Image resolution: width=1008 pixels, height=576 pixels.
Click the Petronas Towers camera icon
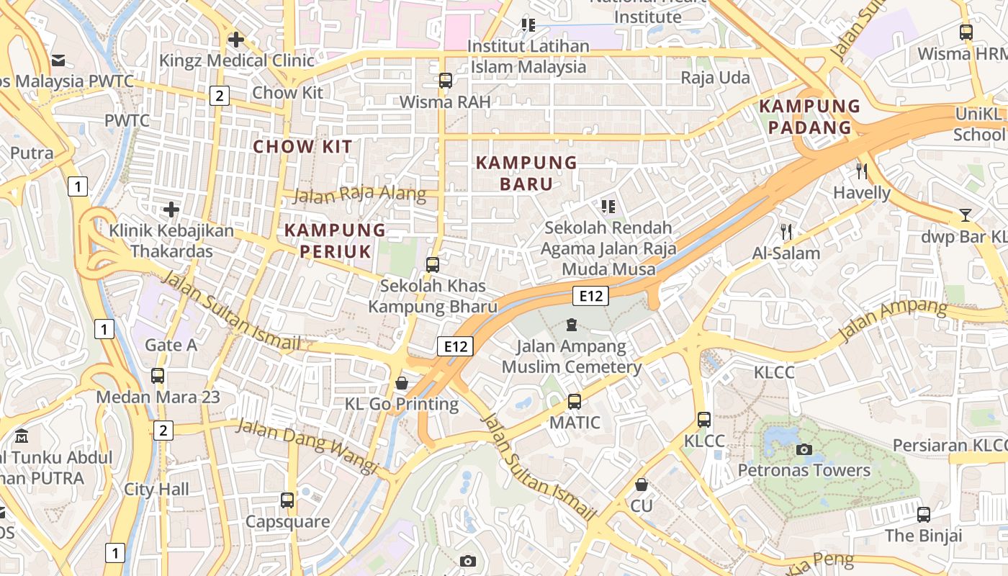pyautogui.click(x=804, y=450)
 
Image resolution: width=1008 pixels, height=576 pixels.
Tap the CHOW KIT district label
pyautogui.click(x=302, y=147)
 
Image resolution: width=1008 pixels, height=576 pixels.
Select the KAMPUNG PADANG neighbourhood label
pyautogui.click(x=810, y=117)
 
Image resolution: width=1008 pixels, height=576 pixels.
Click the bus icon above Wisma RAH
pyautogui.click(x=446, y=81)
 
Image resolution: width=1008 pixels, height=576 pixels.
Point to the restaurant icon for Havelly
pyautogui.click(x=862, y=171)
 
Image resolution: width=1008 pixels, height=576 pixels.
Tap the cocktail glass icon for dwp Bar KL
pyautogui.click(x=965, y=215)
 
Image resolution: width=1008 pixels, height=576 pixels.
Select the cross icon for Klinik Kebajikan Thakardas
pyautogui.click(x=171, y=210)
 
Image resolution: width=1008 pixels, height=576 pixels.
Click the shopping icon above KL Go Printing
pyautogui.click(x=402, y=383)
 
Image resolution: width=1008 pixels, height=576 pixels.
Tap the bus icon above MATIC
pyautogui.click(x=574, y=402)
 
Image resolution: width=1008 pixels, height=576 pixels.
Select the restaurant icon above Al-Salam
pyautogui.click(x=786, y=232)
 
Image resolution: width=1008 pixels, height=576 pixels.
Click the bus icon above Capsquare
pyautogui.click(x=287, y=500)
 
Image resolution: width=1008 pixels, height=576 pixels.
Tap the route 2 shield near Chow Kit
pyautogui.click(x=220, y=96)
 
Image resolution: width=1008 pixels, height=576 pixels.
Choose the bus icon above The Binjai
pyautogui.click(x=924, y=515)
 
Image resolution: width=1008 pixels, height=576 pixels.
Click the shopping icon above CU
pyautogui.click(x=641, y=485)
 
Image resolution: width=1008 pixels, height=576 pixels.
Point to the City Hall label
pyautogui.click(x=156, y=490)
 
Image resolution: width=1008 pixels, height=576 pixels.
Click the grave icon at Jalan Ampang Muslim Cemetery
pyautogui.click(x=572, y=325)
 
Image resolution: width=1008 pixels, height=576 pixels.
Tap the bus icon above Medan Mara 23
pyautogui.click(x=158, y=376)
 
